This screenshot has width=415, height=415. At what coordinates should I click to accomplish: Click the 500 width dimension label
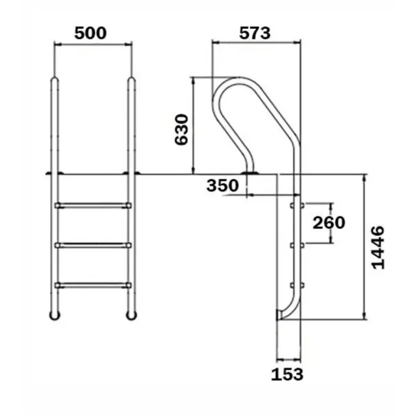pyautogui.click(x=92, y=32)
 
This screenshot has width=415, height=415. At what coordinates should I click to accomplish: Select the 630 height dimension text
pyautogui.click(x=181, y=129)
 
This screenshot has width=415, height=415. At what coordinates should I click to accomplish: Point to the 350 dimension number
pyautogui.click(x=222, y=185)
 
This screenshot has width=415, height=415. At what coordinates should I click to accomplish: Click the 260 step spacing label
pyautogui.click(x=328, y=223)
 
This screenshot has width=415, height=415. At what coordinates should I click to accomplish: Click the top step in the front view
pyautogui.click(x=93, y=205)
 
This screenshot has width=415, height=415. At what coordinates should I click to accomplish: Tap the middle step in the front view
pyautogui.click(x=93, y=244)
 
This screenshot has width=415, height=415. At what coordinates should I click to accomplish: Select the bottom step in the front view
pyautogui.click(x=93, y=284)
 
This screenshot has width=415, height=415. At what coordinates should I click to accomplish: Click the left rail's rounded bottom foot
pyautogui.click(x=54, y=315)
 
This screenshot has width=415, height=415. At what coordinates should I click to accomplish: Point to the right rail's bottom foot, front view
pyautogui.click(x=130, y=315)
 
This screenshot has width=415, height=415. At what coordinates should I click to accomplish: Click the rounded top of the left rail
pyautogui.click(x=55, y=81)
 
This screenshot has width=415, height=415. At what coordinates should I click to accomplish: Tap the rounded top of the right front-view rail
pyautogui.click(x=130, y=81)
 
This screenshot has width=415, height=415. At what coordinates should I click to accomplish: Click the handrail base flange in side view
pyautogui.click(x=250, y=171)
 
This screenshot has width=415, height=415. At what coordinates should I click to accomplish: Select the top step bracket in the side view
pyautogui.click(x=297, y=205)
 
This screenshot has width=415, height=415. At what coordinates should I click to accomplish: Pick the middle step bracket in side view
pyautogui.click(x=297, y=244)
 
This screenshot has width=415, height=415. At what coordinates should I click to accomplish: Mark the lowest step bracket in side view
pyautogui.click(x=297, y=284)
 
